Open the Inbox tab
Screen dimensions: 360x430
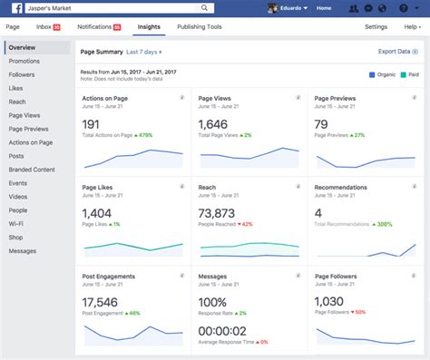[x=45, y=27]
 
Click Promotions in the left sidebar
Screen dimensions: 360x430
[x=24, y=61]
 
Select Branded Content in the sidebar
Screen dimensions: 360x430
[x=32, y=170]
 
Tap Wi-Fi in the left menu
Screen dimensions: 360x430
[x=15, y=224]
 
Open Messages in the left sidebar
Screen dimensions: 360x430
[x=23, y=251]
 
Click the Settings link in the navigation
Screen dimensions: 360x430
[x=376, y=27]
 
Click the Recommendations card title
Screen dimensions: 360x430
[x=340, y=187]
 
